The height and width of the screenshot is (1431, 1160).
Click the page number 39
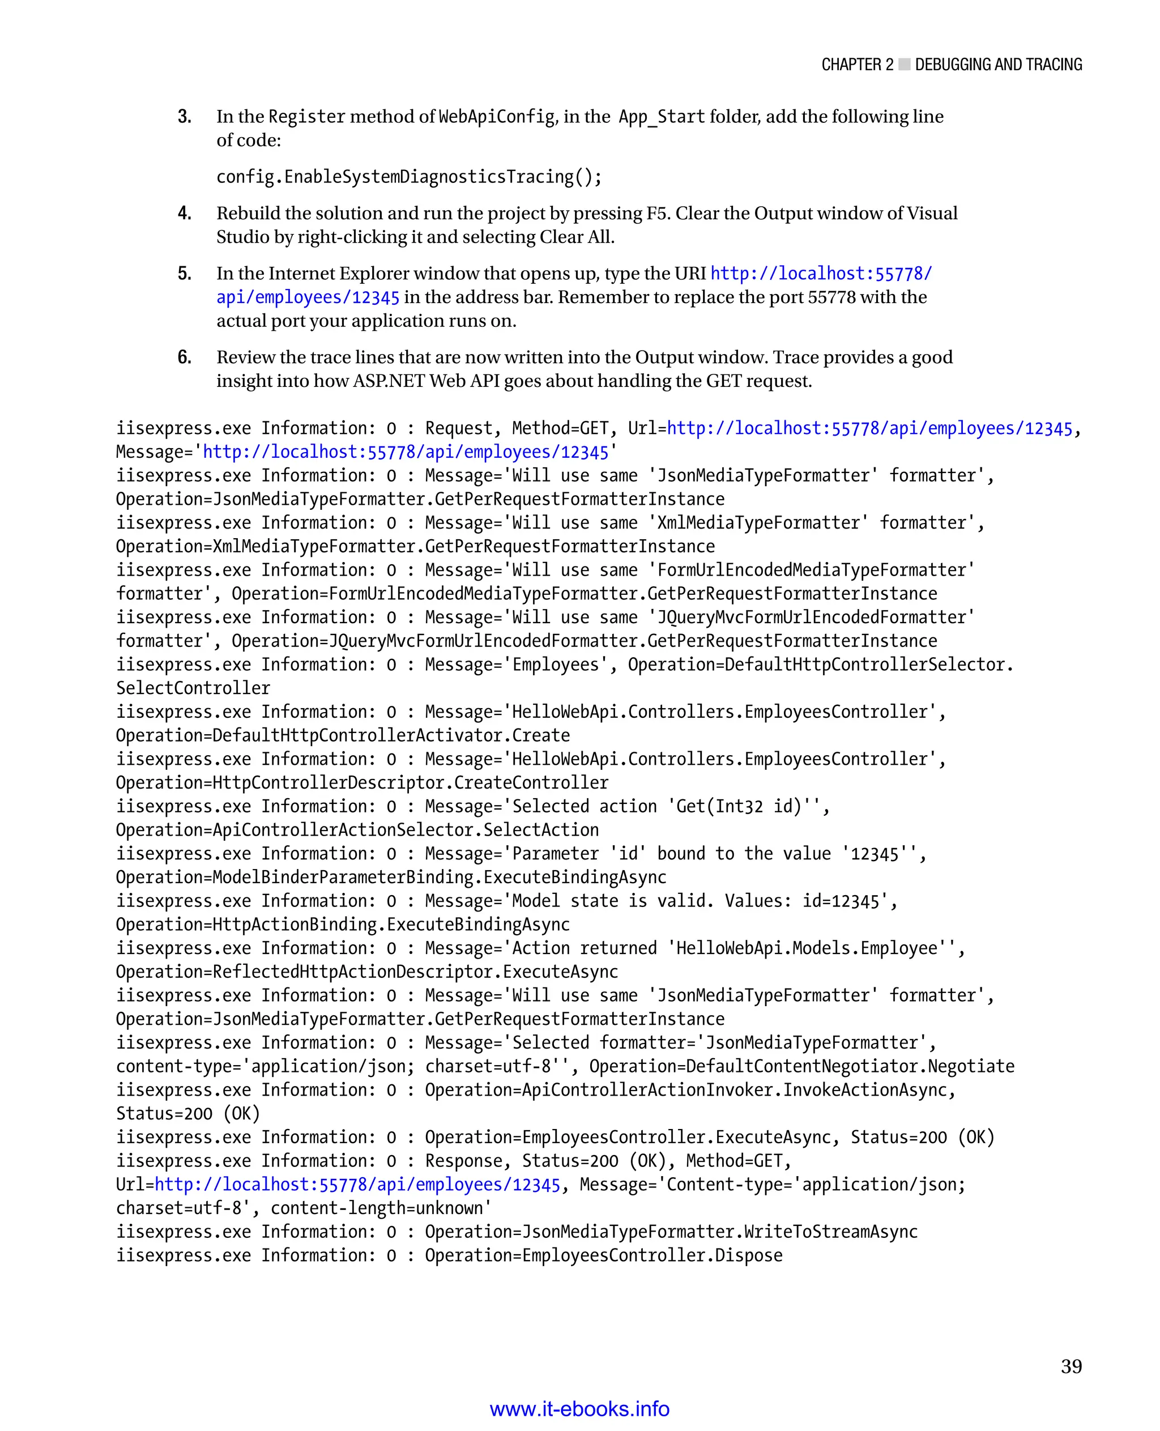coord(1071,1366)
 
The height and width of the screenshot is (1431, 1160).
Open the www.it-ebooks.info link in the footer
coord(579,1409)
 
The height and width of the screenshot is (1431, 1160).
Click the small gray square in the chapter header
coord(904,65)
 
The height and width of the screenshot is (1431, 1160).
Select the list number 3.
coord(185,117)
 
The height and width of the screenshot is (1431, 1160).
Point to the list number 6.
coord(185,357)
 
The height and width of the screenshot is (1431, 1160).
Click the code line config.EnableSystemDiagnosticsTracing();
coord(409,177)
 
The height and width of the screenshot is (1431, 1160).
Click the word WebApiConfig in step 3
coord(497,117)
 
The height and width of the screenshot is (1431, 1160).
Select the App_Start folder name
coord(662,117)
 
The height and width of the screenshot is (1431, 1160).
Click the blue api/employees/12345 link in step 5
coord(308,297)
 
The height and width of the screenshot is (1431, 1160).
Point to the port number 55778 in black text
coord(831,297)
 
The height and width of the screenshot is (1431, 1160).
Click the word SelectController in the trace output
coord(193,688)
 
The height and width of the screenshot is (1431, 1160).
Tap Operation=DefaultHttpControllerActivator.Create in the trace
coord(343,736)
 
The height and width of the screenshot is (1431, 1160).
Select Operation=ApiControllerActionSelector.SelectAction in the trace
coord(357,830)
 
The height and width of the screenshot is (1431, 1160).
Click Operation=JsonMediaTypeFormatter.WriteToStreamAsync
coord(671,1232)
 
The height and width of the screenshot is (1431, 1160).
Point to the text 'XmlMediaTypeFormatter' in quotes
coord(758,523)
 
